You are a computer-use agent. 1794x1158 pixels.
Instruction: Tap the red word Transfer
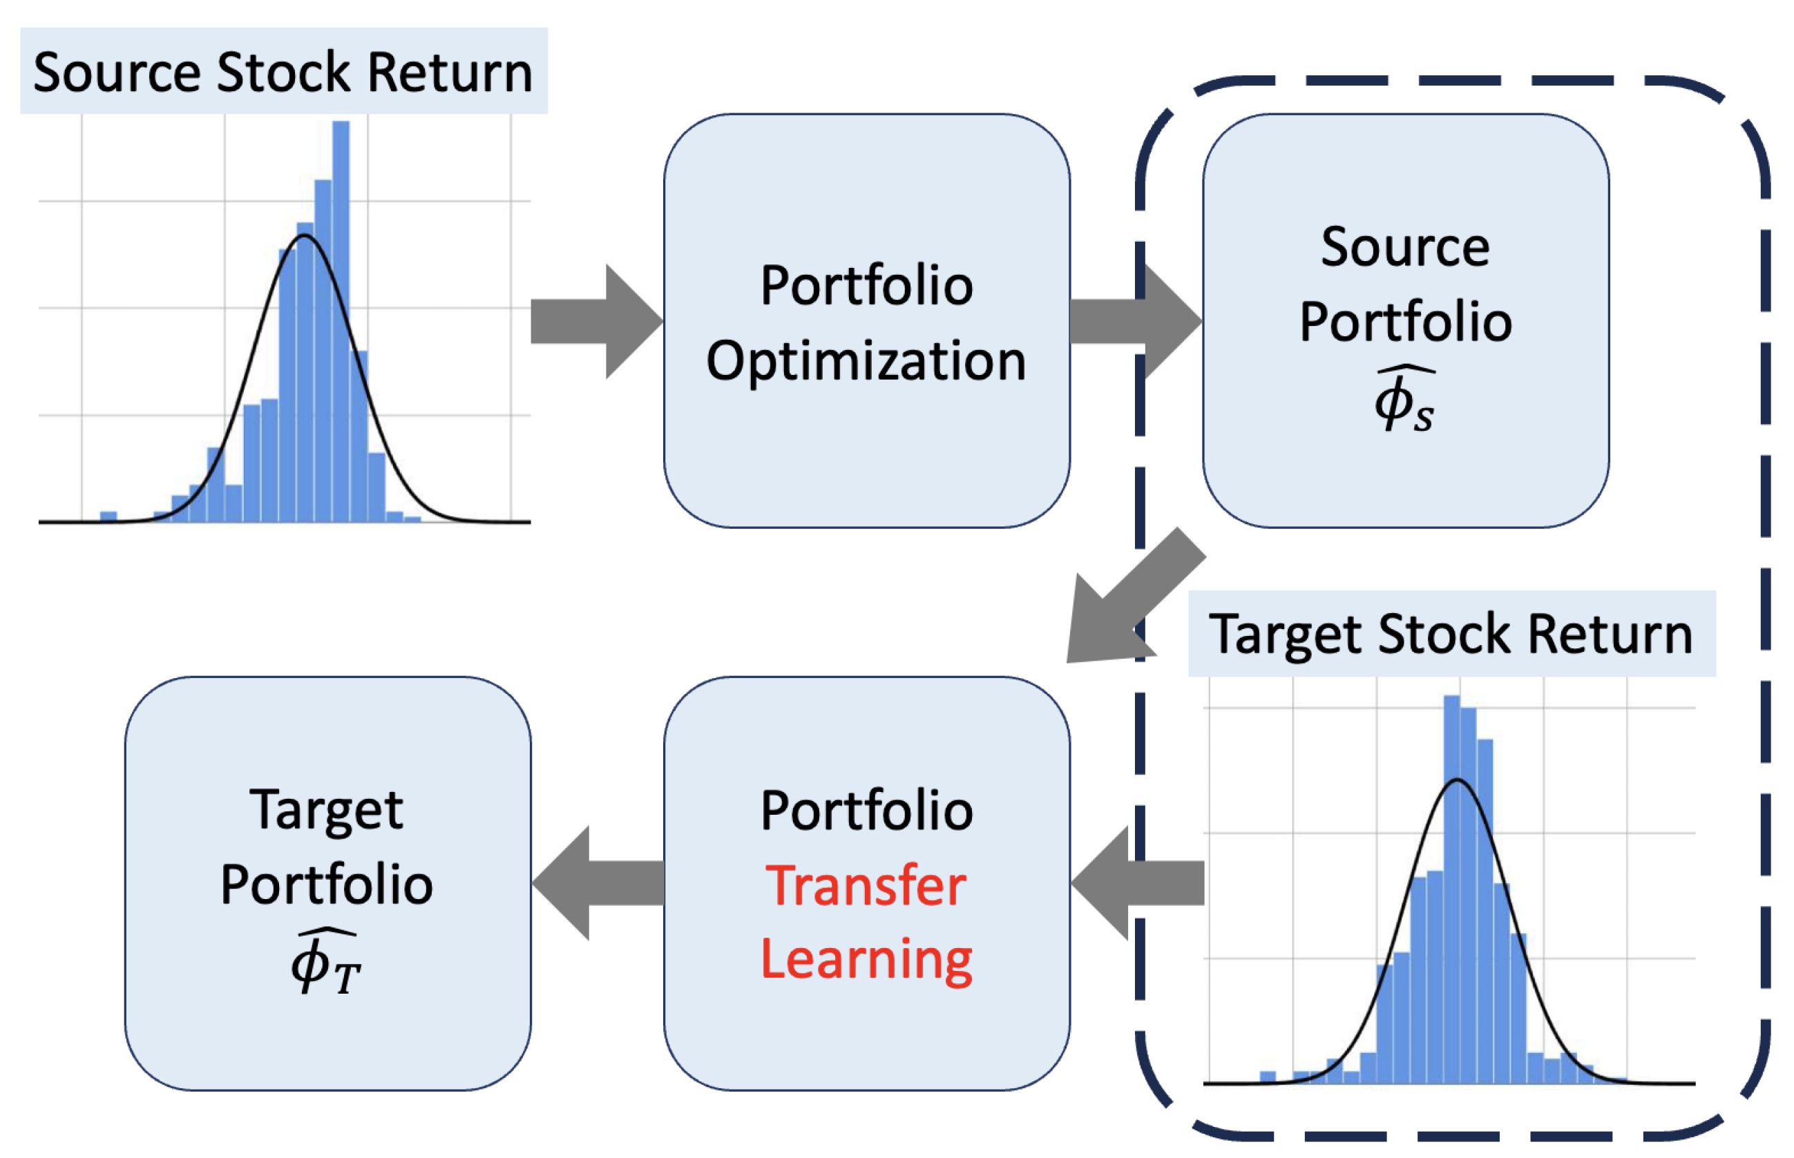tap(866, 886)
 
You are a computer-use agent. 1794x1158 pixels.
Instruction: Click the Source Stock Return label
tap(284, 73)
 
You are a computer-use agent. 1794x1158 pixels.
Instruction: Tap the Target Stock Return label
tap(1451, 634)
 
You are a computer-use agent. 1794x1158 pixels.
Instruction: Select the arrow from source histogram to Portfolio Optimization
tap(596, 322)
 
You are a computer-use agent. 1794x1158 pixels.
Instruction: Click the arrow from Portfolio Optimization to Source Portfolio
tap(1136, 322)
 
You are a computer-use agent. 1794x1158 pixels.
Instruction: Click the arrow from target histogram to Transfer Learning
tap(1137, 882)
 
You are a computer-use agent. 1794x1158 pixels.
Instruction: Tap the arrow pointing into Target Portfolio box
tap(598, 882)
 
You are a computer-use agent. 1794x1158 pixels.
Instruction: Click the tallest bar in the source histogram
tap(341, 321)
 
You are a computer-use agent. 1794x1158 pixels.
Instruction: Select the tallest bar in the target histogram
tap(1452, 889)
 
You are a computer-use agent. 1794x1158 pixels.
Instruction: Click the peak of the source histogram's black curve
tap(305, 235)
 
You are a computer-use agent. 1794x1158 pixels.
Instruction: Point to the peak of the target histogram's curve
tap(1457, 780)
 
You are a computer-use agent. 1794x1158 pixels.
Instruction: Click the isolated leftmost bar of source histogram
tap(108, 517)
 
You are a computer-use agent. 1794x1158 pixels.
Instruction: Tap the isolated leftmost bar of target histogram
tap(1268, 1077)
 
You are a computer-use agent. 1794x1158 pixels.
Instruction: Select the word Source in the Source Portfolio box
tap(1405, 247)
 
